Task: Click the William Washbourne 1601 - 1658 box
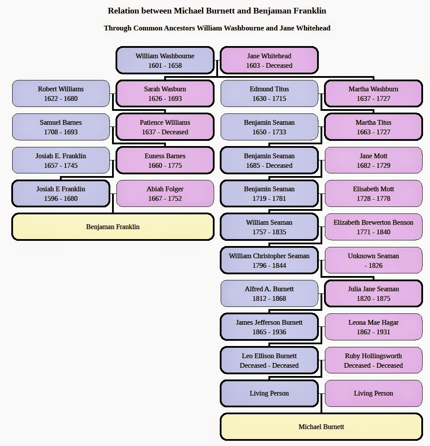click(165, 60)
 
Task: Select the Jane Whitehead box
click(269, 60)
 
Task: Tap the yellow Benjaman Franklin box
click(112, 226)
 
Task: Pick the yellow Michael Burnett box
click(321, 426)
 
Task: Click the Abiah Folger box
click(165, 193)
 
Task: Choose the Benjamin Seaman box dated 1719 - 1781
click(269, 193)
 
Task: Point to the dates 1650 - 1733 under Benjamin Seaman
click(269, 132)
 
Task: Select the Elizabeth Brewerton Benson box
click(373, 227)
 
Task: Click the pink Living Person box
click(373, 393)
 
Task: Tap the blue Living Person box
click(269, 393)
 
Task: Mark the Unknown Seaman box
click(373, 260)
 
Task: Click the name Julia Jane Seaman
click(373, 289)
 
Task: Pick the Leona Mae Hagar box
click(373, 327)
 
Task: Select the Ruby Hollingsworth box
click(373, 360)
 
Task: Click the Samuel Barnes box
click(60, 127)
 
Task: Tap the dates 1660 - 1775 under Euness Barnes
click(165, 166)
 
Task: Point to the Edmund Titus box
click(269, 93)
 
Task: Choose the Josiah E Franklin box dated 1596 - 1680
click(60, 193)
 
